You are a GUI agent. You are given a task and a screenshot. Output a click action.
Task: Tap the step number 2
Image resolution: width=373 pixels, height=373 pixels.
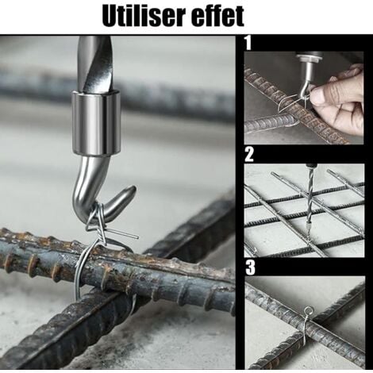point(248,154)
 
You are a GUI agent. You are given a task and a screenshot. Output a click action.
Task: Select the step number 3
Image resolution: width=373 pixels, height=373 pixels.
point(248,267)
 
